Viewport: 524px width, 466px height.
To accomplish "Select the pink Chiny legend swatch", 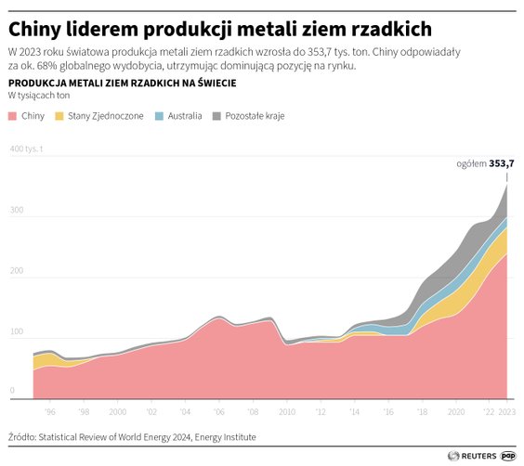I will (x=12, y=117).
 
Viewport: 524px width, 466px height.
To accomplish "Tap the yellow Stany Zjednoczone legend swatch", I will (x=60, y=117).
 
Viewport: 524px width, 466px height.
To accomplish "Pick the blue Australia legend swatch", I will (x=159, y=117).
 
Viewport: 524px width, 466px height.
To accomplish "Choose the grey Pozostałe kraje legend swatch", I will (x=217, y=117).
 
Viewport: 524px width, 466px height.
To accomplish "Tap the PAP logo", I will (x=509, y=455).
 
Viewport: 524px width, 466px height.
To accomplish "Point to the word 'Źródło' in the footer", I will (x=23, y=436).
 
